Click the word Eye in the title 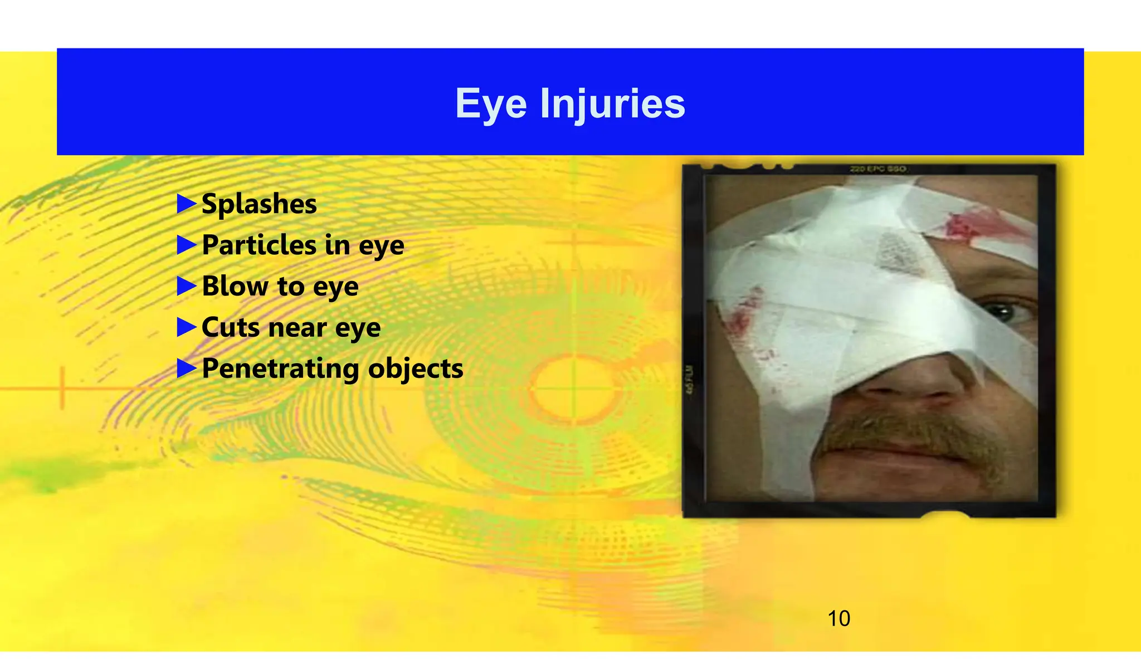click(490, 104)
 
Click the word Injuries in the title click(612, 104)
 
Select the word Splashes click(259, 204)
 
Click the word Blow click(235, 287)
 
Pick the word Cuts click(230, 327)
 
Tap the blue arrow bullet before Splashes click(187, 204)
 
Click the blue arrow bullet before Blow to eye click(187, 287)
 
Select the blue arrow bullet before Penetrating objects click(187, 369)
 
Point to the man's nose click(914, 379)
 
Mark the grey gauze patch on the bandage click(897, 251)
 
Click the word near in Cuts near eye click(297, 327)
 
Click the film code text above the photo click(878, 169)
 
